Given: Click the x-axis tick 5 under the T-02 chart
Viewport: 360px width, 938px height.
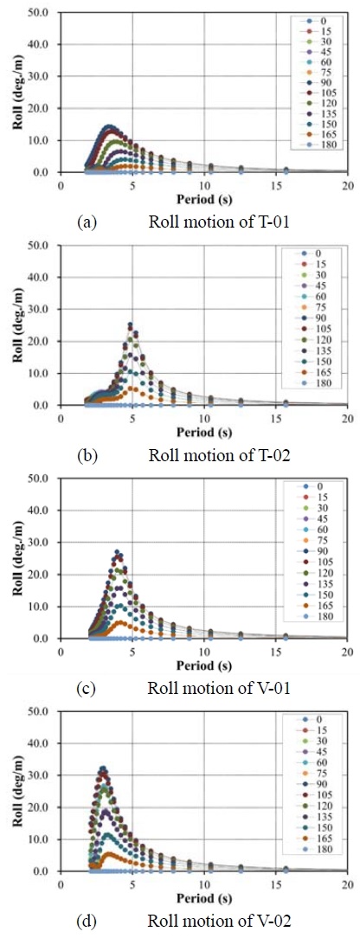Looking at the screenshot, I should pos(132,416).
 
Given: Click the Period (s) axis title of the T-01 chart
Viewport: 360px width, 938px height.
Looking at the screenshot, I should pos(202,197).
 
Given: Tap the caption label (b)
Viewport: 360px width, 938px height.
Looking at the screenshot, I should pos(87,454).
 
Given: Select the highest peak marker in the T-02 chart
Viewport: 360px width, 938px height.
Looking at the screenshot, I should pos(131,325).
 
